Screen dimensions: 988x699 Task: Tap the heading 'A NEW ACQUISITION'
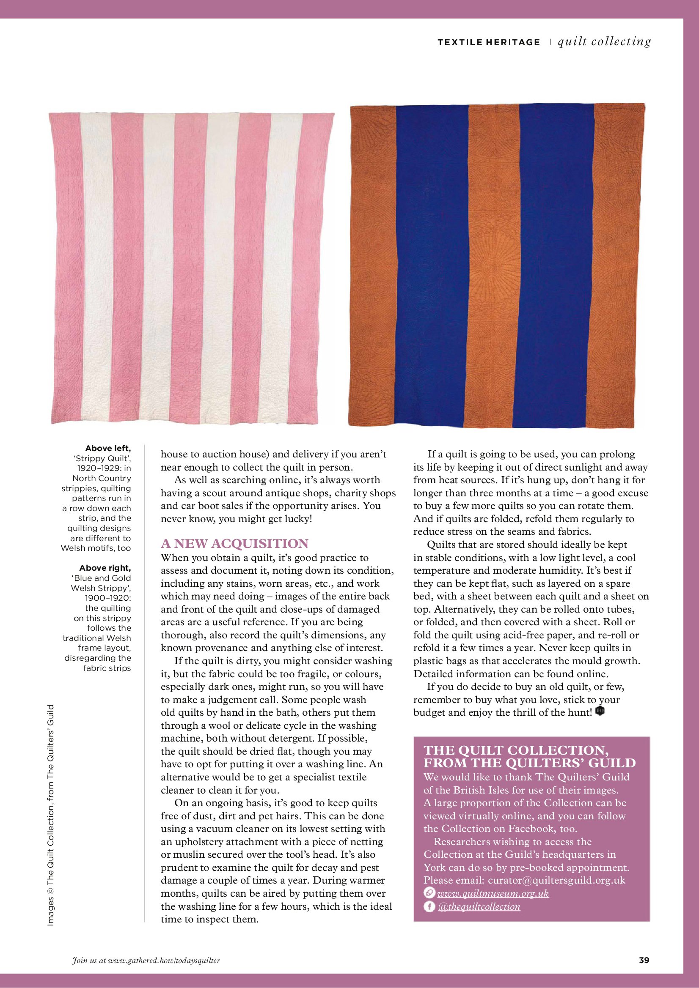point(235,544)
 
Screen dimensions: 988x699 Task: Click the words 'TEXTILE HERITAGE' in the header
point(488,42)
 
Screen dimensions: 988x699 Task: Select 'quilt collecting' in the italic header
point(604,41)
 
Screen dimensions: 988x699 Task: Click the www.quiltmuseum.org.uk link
point(493,894)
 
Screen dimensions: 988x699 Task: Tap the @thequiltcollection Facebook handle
point(479,907)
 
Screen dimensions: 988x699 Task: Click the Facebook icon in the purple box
point(429,907)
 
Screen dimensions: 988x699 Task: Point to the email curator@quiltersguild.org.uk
point(556,881)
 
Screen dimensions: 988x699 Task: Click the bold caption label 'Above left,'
point(107,449)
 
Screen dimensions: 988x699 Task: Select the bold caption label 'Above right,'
point(105,568)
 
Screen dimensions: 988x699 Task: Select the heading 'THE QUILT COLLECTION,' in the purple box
point(516,750)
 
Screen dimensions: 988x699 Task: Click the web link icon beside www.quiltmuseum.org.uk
point(429,893)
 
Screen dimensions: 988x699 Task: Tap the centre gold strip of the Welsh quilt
point(493,267)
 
